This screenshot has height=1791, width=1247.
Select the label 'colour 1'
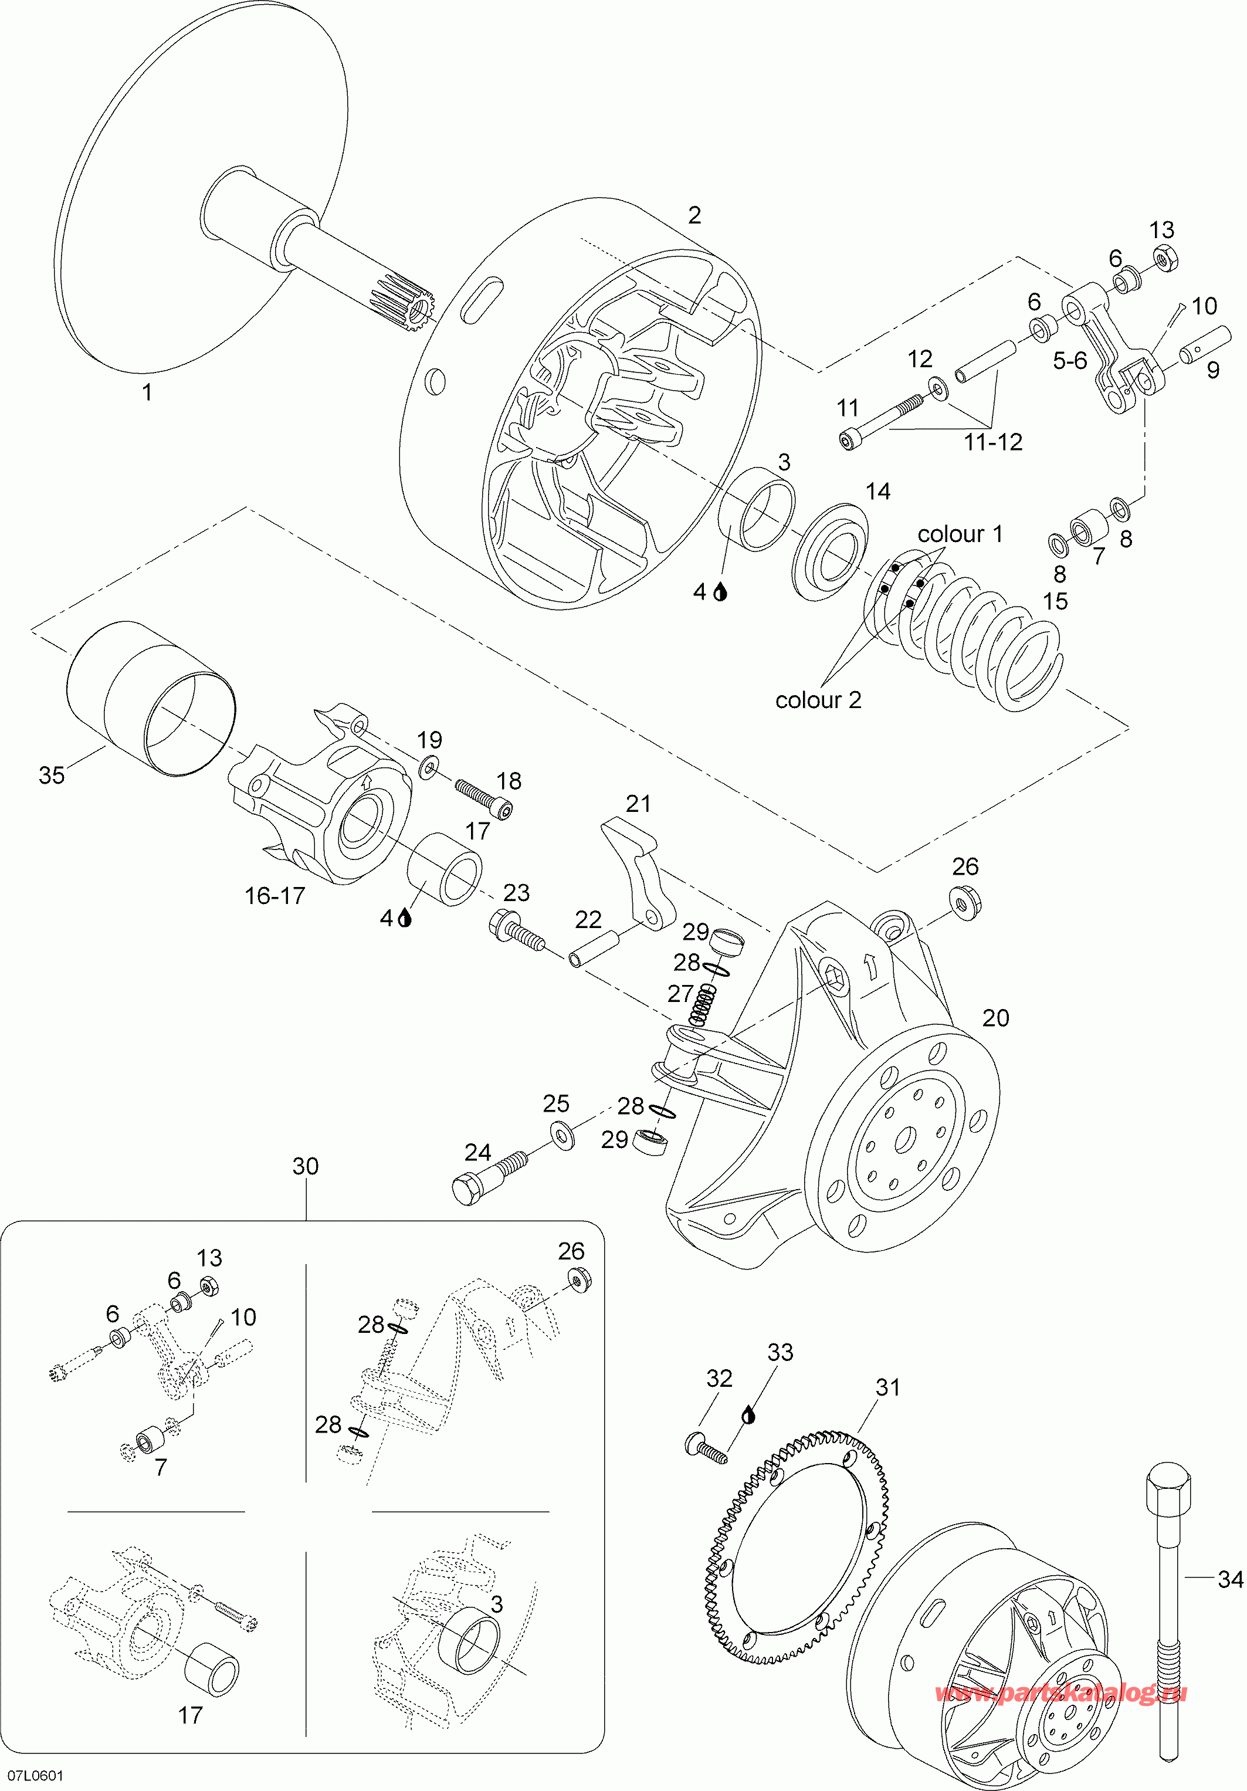point(960,534)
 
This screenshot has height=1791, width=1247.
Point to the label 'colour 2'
point(818,700)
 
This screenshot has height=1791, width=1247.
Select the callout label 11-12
point(993,442)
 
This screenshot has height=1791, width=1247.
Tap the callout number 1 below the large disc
point(147,392)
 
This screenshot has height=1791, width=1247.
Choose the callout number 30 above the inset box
point(305,1166)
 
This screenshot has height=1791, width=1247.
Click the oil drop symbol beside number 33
point(748,1414)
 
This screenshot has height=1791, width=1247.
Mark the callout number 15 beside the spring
point(1055,601)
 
